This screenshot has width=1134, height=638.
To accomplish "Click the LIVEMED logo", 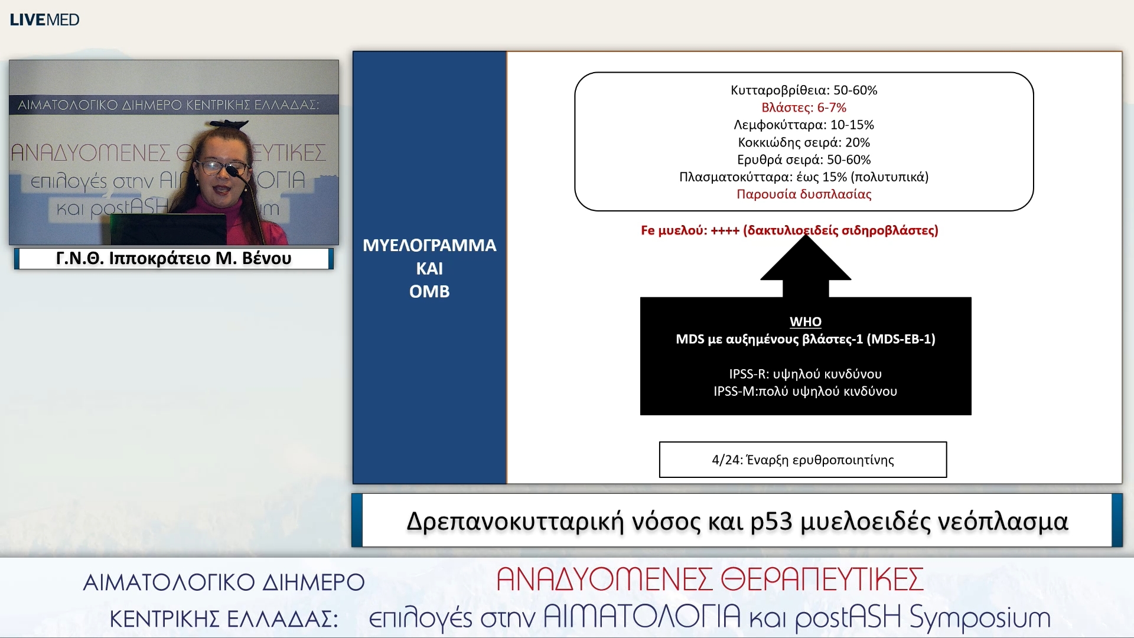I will click(44, 19).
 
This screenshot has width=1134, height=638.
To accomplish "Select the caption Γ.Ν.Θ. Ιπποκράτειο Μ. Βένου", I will click(174, 259).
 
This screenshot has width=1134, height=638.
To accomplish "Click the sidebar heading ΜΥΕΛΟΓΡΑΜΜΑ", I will click(429, 245).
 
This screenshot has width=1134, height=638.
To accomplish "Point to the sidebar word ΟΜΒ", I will click(429, 291).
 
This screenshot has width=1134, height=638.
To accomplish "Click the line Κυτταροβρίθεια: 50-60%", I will click(804, 90).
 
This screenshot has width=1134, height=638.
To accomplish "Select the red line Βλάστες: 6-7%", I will click(804, 108).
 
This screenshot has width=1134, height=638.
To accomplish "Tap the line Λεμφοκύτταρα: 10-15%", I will click(804, 125).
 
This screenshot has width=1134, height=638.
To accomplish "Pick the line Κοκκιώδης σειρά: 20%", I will click(804, 142).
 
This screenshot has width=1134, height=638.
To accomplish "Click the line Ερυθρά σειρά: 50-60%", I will click(804, 159).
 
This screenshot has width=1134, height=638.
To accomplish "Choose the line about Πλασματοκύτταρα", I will click(804, 177).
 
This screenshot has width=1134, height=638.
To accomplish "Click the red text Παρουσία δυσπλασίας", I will click(804, 194).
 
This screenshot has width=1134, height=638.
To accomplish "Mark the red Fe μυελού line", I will click(789, 230).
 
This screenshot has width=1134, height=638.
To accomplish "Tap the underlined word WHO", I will click(806, 321).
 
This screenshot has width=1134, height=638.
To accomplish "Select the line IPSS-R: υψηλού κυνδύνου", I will click(806, 374).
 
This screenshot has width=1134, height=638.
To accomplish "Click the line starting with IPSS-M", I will click(806, 391).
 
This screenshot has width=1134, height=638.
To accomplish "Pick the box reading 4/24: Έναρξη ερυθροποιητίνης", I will click(803, 460).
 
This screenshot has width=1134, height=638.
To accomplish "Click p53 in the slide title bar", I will click(771, 522).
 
